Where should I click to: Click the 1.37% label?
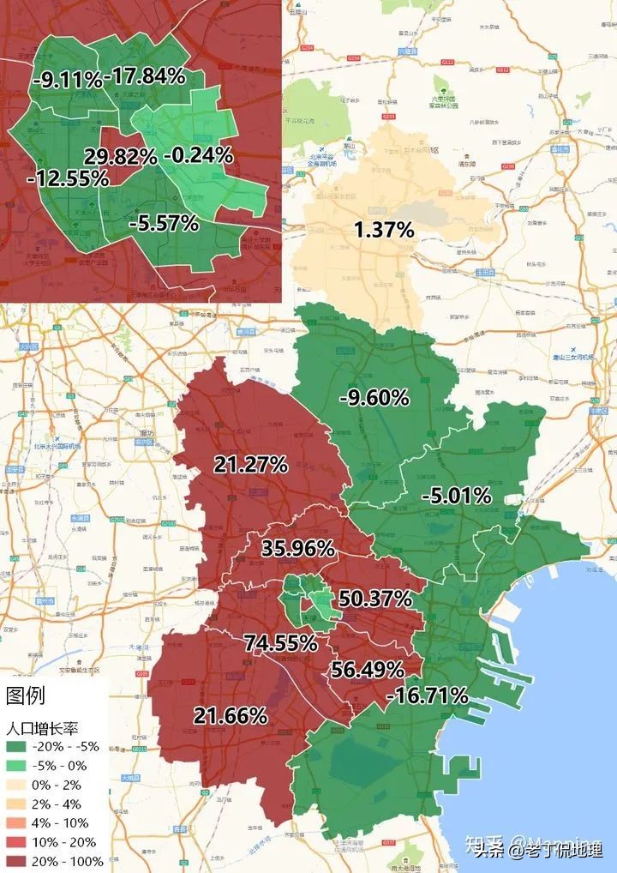click(x=383, y=229)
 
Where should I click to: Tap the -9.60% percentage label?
click(x=374, y=397)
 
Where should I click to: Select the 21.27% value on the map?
click(x=250, y=465)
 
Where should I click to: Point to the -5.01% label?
click(x=456, y=496)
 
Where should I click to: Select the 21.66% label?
click(x=230, y=715)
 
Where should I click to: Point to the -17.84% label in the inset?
click(x=145, y=76)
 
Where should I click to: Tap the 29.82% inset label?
click(x=120, y=156)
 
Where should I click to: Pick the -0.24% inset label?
click(x=197, y=155)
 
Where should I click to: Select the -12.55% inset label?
click(x=68, y=178)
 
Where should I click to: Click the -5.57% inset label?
click(x=164, y=224)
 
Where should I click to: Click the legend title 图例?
click(x=26, y=695)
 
